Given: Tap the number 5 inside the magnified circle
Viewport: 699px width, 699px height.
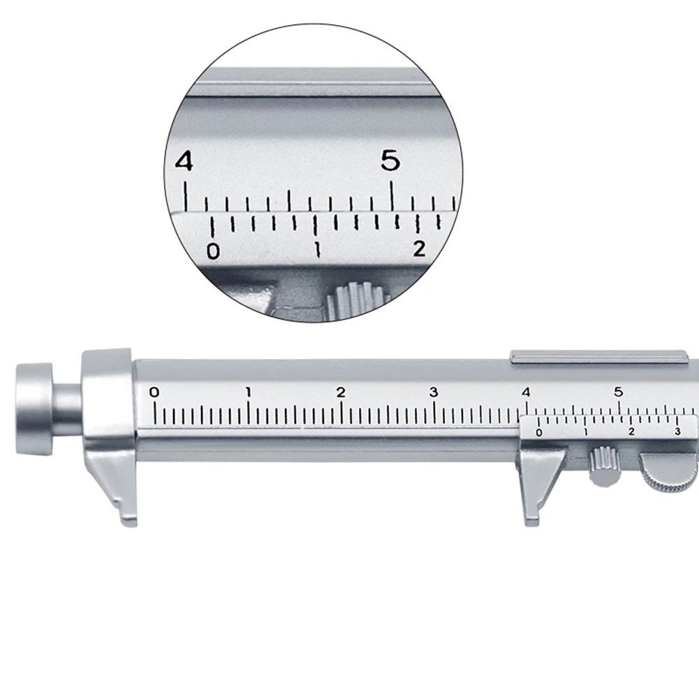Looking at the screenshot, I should pyautogui.click(x=390, y=162).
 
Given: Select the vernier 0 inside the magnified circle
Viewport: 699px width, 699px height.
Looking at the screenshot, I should pyautogui.click(x=213, y=251).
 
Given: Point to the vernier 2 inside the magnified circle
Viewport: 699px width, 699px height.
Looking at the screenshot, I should pyautogui.click(x=419, y=249).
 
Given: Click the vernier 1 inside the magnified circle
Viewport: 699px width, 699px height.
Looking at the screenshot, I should pyautogui.click(x=318, y=250).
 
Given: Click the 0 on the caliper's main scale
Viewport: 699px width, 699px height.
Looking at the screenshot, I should pyautogui.click(x=154, y=392).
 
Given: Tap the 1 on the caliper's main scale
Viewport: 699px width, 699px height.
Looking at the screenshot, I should pyautogui.click(x=248, y=392).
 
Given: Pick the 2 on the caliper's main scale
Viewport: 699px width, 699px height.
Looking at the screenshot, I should pyautogui.click(x=341, y=392).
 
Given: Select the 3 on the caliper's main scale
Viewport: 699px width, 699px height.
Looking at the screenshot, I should pyautogui.click(x=434, y=392).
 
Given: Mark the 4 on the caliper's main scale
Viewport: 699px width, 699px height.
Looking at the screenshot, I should pyautogui.click(x=526, y=392).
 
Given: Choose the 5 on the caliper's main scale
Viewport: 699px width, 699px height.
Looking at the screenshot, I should pyautogui.click(x=619, y=392).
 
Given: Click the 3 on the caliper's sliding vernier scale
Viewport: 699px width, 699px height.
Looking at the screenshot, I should pyautogui.click(x=677, y=433).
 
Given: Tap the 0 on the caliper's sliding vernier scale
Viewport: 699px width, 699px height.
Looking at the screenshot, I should pyautogui.click(x=538, y=433).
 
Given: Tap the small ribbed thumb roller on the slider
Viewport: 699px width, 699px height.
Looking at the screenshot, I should pyautogui.click(x=600, y=466).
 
